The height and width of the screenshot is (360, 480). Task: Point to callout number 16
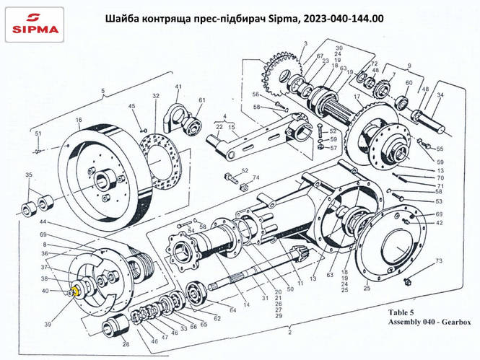click(78, 119)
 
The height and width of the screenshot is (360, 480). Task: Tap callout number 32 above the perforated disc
click(154, 96)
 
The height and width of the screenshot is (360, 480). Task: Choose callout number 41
click(177, 88)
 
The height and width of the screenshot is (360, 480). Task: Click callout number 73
click(438, 260)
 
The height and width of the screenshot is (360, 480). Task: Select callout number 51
click(38, 133)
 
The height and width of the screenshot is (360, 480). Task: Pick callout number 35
click(29, 175)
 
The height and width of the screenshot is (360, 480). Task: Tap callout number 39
click(48, 325)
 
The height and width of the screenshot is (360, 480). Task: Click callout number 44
click(43, 221)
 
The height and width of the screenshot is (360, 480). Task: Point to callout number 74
click(256, 177)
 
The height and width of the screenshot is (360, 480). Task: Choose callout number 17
click(357, 97)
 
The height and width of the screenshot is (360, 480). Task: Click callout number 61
click(202, 100)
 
